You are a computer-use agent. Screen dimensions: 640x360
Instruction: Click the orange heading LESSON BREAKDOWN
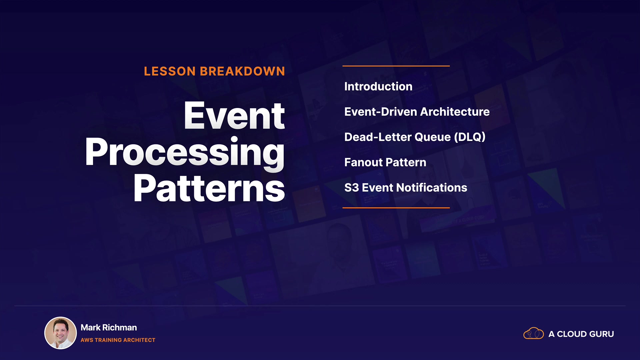click(214, 71)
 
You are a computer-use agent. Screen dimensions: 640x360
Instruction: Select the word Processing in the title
click(185, 153)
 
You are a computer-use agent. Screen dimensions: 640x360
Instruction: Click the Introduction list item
click(378, 87)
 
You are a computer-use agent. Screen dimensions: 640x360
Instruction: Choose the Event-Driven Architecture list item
click(417, 112)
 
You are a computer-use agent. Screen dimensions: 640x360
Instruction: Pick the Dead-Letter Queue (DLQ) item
click(415, 137)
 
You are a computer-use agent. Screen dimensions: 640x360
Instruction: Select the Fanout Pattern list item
click(385, 162)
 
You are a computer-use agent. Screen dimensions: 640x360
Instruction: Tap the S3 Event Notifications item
click(406, 188)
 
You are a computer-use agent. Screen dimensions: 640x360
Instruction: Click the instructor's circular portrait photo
click(61, 333)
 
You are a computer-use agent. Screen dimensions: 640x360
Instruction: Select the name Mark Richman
click(109, 328)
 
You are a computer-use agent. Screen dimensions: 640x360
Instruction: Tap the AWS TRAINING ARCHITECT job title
click(118, 340)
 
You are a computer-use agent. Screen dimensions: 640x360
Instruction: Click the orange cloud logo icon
click(534, 333)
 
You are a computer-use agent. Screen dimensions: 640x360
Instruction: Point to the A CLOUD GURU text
click(581, 334)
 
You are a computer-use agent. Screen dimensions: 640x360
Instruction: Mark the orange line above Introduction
click(396, 66)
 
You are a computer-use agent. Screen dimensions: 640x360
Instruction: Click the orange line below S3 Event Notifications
click(396, 208)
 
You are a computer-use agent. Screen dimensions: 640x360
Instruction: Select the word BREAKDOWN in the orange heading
click(242, 71)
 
